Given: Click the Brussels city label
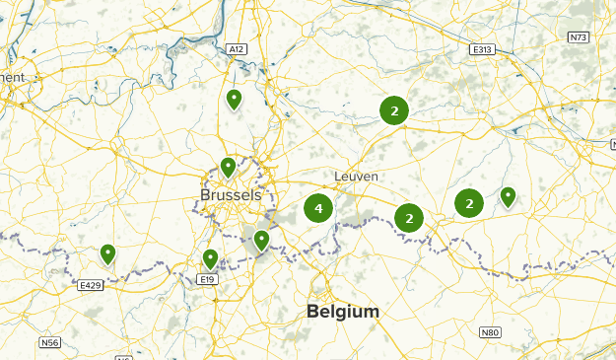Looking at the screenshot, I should [231, 195].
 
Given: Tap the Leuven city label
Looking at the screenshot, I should [356, 177].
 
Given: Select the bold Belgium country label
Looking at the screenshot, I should [343, 312].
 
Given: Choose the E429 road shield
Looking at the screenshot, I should [90, 285].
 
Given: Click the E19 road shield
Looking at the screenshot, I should [206, 280].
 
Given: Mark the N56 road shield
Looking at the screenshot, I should [50, 342].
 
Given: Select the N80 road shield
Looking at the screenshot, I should [491, 332].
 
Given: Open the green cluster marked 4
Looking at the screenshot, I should [317, 209].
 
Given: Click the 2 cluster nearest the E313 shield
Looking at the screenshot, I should [394, 111].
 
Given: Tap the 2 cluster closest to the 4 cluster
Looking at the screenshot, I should [408, 218].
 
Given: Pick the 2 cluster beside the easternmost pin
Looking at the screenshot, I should [469, 204].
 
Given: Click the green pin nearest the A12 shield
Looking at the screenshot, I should [234, 99].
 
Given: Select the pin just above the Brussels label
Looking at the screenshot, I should [228, 167].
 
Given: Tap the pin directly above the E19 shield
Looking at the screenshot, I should [210, 258].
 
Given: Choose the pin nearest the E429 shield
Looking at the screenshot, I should [107, 253].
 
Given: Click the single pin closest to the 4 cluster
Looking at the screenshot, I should [261, 239].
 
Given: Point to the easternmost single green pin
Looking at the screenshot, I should [508, 196].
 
